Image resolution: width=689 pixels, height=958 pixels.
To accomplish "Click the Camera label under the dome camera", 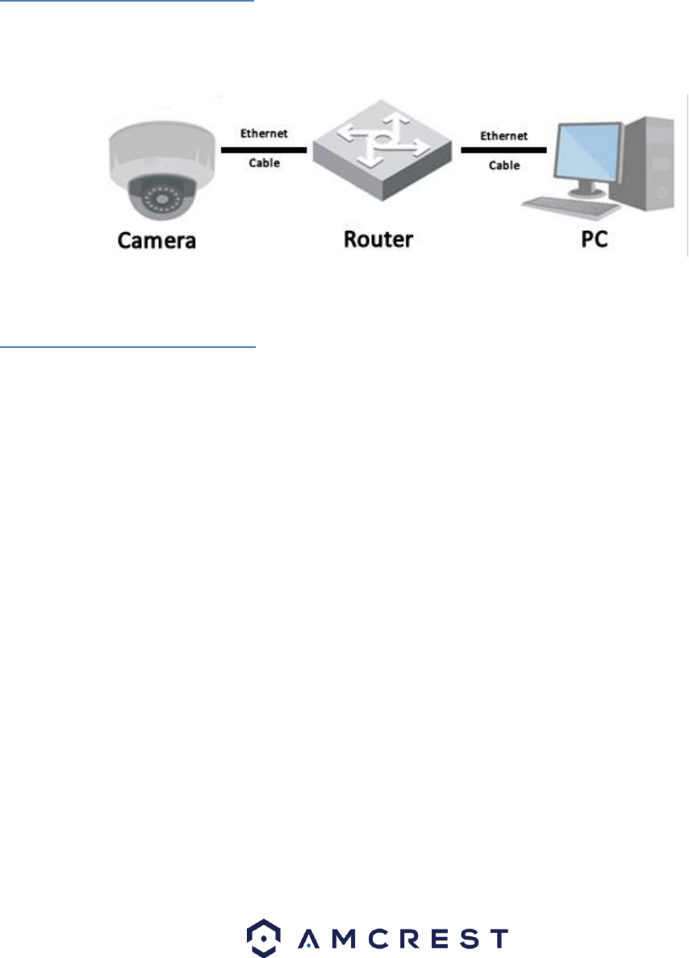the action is pyautogui.click(x=157, y=240).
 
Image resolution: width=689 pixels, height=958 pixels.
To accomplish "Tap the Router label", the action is pyautogui.click(x=377, y=240).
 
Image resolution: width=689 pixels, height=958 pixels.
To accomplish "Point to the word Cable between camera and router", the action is pyautogui.click(x=264, y=163).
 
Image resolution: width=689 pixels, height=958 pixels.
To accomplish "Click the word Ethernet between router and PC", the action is pyautogui.click(x=504, y=136).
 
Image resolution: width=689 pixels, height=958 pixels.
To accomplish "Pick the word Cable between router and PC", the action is pyautogui.click(x=504, y=165).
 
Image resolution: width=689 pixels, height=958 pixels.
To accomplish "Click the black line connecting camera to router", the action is pyautogui.click(x=264, y=150).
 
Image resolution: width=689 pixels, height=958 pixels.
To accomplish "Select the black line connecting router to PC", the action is pyautogui.click(x=503, y=150).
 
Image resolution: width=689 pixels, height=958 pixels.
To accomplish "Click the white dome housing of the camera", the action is pyautogui.click(x=158, y=145).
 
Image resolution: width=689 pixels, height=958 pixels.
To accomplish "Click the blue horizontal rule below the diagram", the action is pyautogui.click(x=127, y=347).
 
